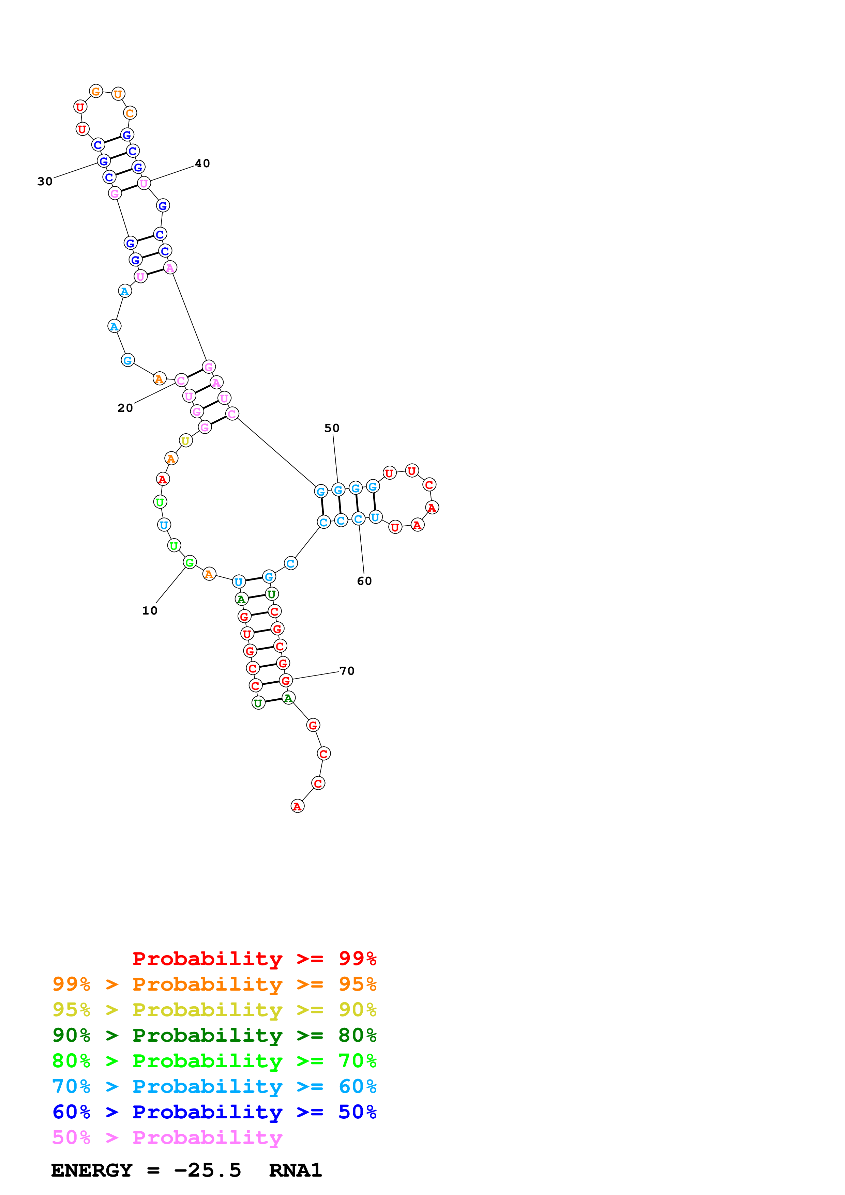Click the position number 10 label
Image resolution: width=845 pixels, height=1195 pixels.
click(x=149, y=610)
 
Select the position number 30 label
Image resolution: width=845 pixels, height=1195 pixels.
click(x=45, y=181)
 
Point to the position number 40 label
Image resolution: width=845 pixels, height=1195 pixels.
click(x=202, y=164)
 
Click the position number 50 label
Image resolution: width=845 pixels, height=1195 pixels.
click(x=332, y=428)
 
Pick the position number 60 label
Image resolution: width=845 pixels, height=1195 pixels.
click(x=364, y=581)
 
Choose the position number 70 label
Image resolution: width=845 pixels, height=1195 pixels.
click(x=347, y=671)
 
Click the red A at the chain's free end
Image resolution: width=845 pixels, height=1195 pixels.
click(x=297, y=806)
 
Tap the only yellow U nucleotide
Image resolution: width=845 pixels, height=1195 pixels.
click(x=186, y=440)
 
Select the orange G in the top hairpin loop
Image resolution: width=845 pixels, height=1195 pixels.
click(x=96, y=92)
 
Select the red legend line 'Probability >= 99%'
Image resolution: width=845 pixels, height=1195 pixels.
click(x=254, y=958)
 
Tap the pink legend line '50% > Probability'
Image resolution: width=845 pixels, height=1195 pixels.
click(x=167, y=1137)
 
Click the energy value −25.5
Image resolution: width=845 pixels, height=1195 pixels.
click(x=207, y=1170)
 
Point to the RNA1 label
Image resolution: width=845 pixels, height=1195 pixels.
click(x=295, y=1170)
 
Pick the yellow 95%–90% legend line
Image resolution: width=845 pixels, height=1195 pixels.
click(x=214, y=1009)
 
